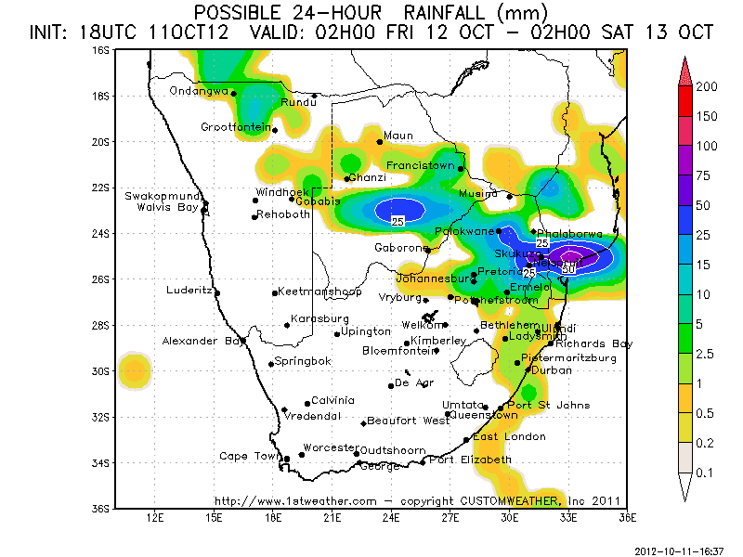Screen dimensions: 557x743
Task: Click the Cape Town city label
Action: click(249, 456)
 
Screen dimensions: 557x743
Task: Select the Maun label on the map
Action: click(398, 136)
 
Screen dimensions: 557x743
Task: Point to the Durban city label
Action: click(553, 369)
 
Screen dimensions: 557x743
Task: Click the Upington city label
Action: click(366, 331)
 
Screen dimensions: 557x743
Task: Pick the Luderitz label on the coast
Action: click(189, 289)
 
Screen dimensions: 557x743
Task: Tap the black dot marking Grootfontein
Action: click(275, 130)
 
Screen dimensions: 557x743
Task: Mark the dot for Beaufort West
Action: click(363, 423)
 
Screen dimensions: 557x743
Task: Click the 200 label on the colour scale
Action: click(708, 86)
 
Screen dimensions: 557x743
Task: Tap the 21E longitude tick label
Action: click(332, 516)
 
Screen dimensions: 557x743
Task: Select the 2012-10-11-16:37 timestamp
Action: click(679, 550)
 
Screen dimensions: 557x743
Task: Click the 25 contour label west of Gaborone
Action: click(398, 222)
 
